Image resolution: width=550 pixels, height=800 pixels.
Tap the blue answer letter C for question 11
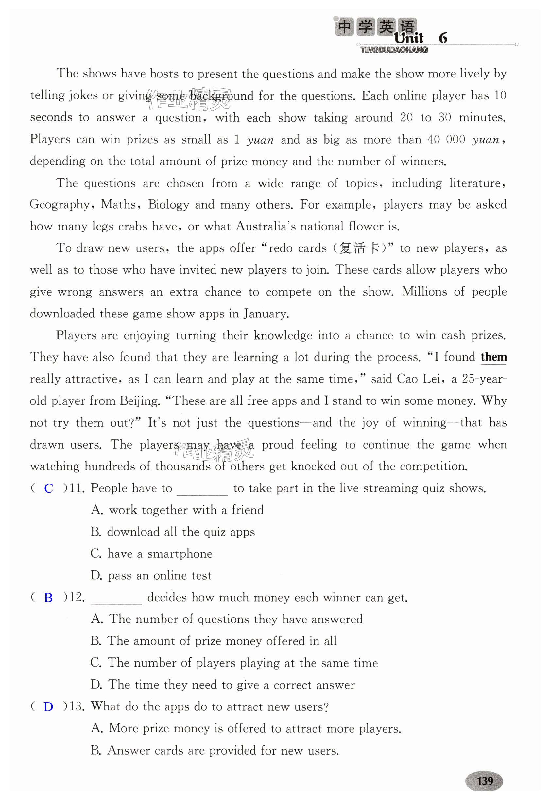[49, 488]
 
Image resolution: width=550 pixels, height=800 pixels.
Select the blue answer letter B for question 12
[48, 598]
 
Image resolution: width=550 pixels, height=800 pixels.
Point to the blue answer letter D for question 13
[48, 707]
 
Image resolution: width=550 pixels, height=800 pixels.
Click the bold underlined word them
[493, 357]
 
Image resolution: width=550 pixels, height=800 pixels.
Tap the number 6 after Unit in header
[443, 38]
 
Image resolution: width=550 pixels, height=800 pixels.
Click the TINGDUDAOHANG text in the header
[394, 50]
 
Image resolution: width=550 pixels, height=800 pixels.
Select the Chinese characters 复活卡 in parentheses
[359, 248]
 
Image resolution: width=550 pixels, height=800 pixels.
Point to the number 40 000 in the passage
[446, 139]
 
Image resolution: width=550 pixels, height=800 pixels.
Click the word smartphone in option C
[180, 554]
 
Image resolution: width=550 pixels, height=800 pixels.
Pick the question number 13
[77, 706]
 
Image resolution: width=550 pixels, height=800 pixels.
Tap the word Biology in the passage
[168, 205]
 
